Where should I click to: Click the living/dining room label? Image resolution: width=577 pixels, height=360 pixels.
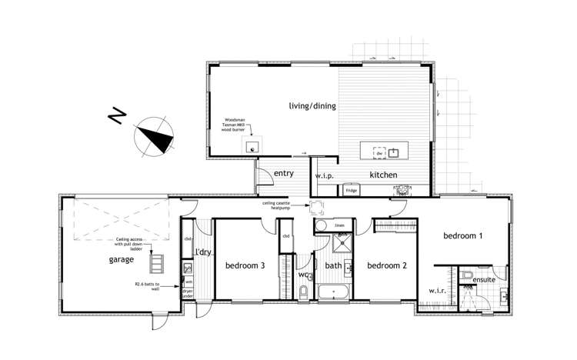(x=312, y=106)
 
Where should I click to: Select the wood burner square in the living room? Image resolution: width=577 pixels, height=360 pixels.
(x=251, y=147)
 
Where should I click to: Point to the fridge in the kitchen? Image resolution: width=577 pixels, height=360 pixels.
(x=351, y=189)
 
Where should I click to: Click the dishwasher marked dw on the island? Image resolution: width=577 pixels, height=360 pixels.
(x=379, y=152)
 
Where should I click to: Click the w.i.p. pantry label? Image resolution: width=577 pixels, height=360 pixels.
(x=324, y=176)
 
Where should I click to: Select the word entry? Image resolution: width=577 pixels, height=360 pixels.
(x=284, y=175)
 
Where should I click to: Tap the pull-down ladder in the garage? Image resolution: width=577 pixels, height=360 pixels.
(x=157, y=264)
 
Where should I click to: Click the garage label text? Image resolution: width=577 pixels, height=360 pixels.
(x=122, y=260)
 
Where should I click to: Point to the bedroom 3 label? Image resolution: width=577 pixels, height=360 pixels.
(x=245, y=266)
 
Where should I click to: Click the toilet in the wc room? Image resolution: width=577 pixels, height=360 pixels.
(x=303, y=292)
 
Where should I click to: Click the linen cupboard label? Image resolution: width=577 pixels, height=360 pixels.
(x=339, y=225)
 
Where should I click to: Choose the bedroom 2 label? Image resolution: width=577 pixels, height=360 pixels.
(x=386, y=266)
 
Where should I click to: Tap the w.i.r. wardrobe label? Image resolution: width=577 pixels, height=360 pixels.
(x=436, y=292)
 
